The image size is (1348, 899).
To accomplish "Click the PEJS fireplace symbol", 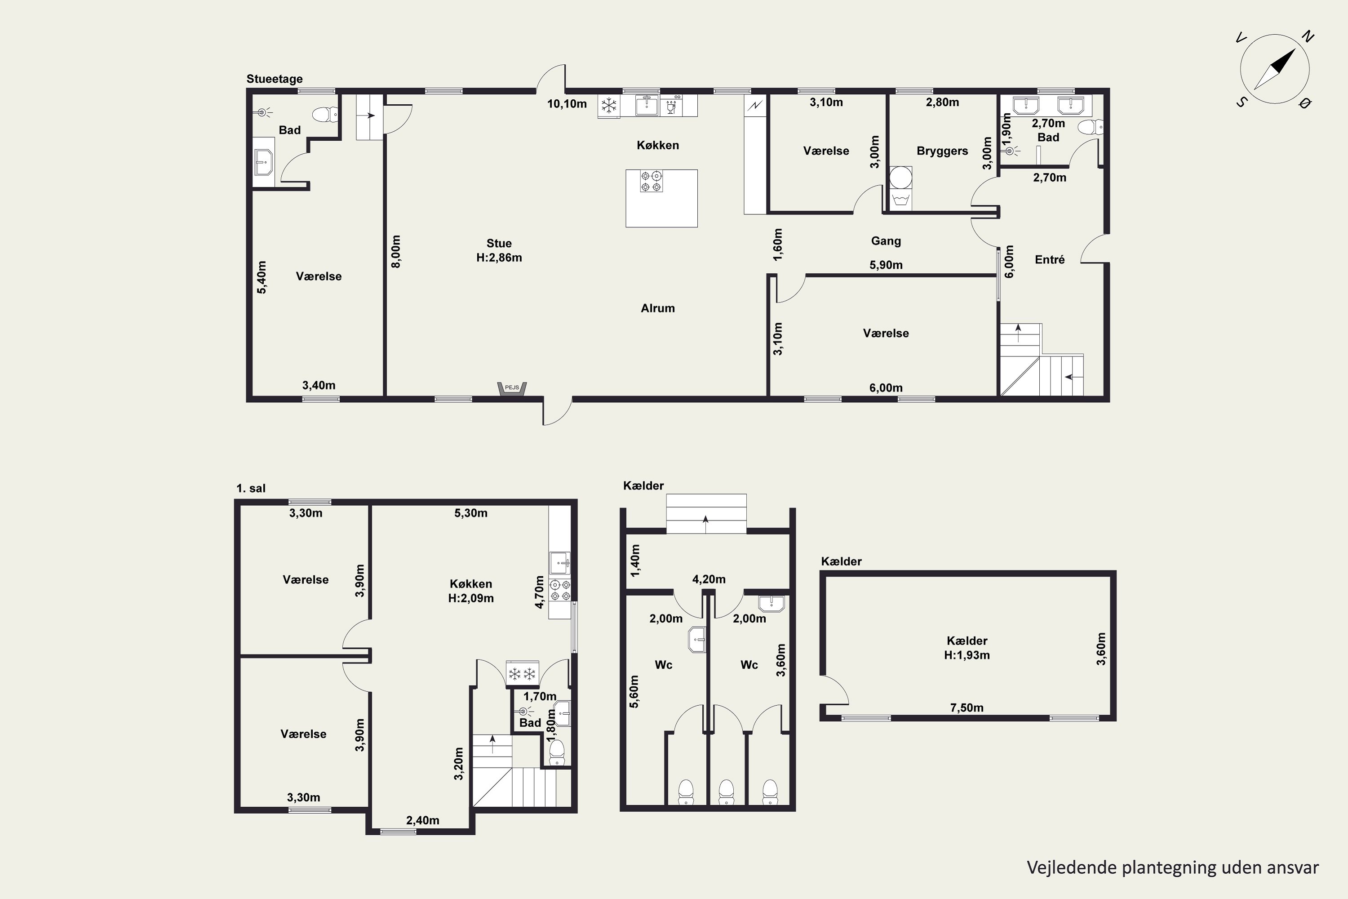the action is coord(512,388).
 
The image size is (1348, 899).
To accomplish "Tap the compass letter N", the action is coord(1307,37).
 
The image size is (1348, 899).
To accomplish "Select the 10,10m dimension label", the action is coord(567,104).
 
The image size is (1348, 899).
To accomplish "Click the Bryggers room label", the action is coord(942,151).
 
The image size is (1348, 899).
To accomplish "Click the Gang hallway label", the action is coord(886,241).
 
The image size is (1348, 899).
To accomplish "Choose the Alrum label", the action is coord(657,308).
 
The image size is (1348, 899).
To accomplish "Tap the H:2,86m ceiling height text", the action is coord(499,258).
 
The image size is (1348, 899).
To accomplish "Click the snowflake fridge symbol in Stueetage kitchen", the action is coord(609,106).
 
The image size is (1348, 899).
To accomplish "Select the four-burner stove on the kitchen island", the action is coord(651,181).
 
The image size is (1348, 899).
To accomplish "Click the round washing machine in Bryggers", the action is coord(900,177).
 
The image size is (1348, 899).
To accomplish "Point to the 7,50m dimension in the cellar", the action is coord(967,708).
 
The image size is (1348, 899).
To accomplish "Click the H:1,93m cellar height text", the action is coord(967,655).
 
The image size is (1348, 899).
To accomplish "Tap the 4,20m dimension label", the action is coord(709,580).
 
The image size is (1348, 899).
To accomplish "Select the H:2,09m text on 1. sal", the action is coord(471,599).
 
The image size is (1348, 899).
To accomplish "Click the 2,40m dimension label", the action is coord(423,820).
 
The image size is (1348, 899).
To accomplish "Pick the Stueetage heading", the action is coord(275,79).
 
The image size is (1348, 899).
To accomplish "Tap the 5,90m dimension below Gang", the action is coord(886,265).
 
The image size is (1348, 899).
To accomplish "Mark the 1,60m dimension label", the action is coord(778,245).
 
